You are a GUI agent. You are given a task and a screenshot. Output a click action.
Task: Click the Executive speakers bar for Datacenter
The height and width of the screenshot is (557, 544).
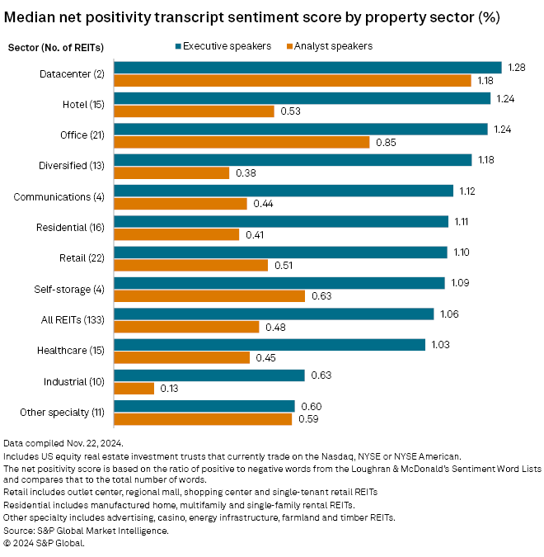[307, 68]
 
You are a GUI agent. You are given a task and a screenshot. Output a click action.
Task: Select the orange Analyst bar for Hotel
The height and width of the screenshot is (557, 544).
[194, 111]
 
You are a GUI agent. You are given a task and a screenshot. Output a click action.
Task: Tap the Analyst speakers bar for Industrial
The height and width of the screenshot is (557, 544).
[134, 389]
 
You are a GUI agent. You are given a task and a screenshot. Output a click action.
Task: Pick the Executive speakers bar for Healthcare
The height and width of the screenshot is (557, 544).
[269, 345]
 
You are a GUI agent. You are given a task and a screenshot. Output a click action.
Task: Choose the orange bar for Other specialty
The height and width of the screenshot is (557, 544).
[203, 419]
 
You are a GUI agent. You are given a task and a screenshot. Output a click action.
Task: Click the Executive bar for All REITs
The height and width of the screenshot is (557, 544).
[273, 314]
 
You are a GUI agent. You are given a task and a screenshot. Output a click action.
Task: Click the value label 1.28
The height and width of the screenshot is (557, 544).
[517, 68]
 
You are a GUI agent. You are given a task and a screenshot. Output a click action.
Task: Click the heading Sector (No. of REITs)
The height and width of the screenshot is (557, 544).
[54, 46]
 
